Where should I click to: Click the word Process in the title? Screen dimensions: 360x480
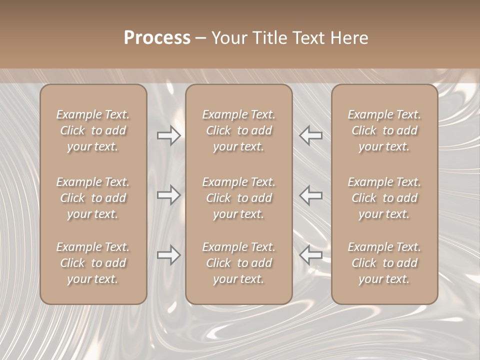click(x=157, y=38)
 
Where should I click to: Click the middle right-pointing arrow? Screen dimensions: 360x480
click(x=169, y=195)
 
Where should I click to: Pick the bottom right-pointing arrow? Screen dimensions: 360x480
click(x=169, y=255)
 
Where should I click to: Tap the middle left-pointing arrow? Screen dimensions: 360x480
click(x=311, y=195)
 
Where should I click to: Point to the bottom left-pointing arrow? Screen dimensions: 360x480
click(x=311, y=255)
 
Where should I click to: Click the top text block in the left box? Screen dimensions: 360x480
click(x=93, y=130)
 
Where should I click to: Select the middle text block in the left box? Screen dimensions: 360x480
click(x=93, y=198)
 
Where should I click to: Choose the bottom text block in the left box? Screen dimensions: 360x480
click(x=93, y=263)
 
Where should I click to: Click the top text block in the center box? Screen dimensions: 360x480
click(x=239, y=130)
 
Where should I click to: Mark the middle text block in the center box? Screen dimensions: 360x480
click(x=239, y=198)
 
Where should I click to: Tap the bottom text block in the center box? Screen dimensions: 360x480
click(x=239, y=263)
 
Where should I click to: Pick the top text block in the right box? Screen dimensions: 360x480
click(x=384, y=130)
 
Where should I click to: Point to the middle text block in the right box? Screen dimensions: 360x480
click(x=384, y=198)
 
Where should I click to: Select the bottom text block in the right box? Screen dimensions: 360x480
click(x=384, y=263)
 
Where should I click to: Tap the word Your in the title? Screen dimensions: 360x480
click(x=228, y=38)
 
